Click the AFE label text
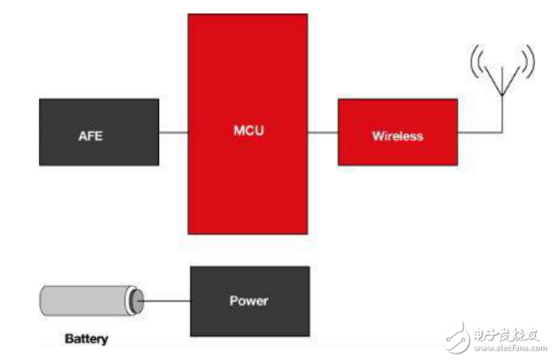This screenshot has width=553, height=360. (x=90, y=136)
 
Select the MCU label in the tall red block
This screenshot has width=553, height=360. (x=249, y=130)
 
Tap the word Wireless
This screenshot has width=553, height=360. (x=398, y=136)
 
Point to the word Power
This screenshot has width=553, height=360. (x=249, y=301)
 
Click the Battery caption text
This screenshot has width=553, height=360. (x=87, y=339)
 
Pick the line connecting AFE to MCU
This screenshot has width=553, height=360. (x=173, y=133)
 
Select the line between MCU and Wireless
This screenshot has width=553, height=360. (x=322, y=133)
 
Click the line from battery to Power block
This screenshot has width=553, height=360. (x=165, y=301)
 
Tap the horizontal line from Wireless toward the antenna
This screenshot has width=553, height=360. (x=480, y=132)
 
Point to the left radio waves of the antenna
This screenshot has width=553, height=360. (x=476, y=62)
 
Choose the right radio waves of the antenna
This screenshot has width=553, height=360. (x=528, y=61)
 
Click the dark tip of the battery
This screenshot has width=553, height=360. (x=137, y=301)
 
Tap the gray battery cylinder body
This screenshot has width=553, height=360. (x=84, y=301)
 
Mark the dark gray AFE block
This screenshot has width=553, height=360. (x=99, y=132)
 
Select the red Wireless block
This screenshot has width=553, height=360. (x=398, y=132)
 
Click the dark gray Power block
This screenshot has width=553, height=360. (x=250, y=301)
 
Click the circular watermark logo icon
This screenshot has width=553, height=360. (x=457, y=338)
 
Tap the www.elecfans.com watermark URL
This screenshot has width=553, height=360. (x=510, y=348)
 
